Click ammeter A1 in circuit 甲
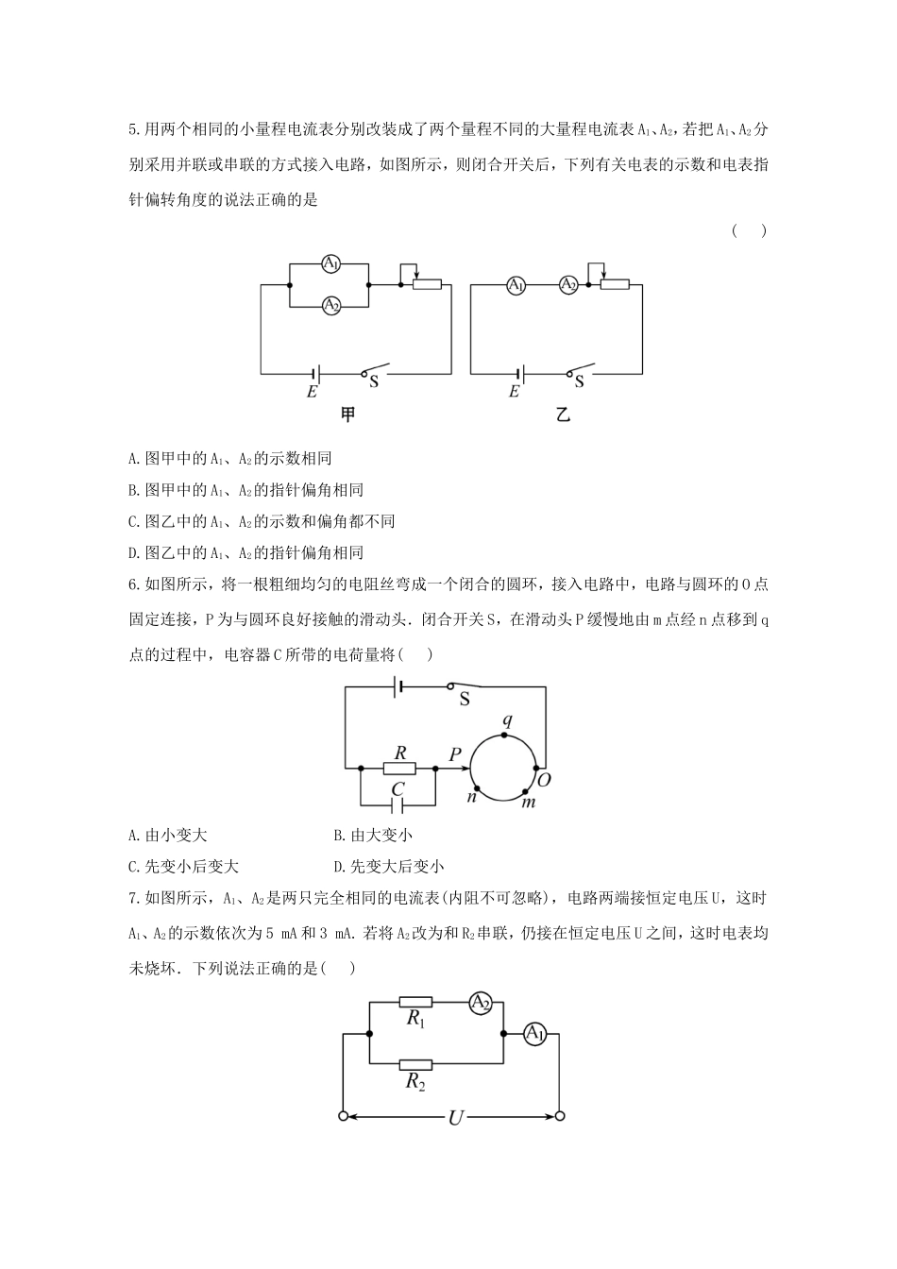(330, 263)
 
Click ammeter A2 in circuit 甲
(330, 305)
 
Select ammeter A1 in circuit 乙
(516, 284)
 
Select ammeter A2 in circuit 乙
(567, 284)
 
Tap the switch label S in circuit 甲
(373, 382)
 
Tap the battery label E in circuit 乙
(514, 391)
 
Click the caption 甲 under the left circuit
(347, 415)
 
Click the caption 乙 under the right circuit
(564, 415)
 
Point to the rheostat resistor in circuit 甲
(427, 284)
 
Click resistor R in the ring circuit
(399, 769)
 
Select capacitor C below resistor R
(398, 804)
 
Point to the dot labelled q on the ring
(506, 734)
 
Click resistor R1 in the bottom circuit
(415, 1003)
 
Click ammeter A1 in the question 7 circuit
(534, 1034)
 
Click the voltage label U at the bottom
(455, 1118)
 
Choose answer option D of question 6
(389, 866)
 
